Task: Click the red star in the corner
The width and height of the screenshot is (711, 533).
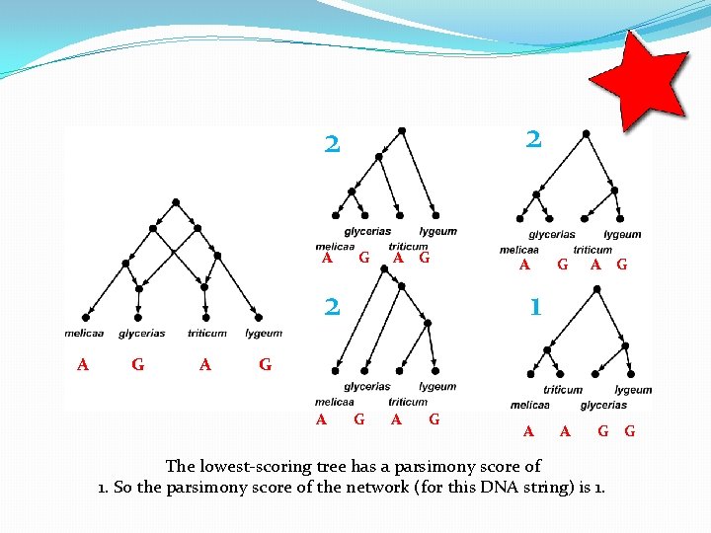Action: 639,78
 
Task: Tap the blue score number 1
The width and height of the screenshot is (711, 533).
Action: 534,307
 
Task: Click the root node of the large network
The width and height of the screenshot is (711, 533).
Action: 176,202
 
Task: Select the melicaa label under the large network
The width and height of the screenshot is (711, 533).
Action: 84,334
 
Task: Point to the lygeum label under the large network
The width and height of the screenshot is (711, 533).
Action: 264,334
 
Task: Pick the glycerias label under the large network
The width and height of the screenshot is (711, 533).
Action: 141,334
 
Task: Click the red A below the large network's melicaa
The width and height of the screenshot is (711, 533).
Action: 83,364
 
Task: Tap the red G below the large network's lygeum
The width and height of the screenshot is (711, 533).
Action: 265,364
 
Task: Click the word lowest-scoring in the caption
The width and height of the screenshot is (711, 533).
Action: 246,466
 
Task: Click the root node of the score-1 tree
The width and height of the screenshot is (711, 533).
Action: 595,289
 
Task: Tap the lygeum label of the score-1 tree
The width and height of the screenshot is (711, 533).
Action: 633,390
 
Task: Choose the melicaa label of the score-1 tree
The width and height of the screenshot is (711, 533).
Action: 530,405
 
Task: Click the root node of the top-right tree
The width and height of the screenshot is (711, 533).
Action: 587,132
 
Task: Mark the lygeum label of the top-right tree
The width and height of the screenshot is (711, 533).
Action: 622,235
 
